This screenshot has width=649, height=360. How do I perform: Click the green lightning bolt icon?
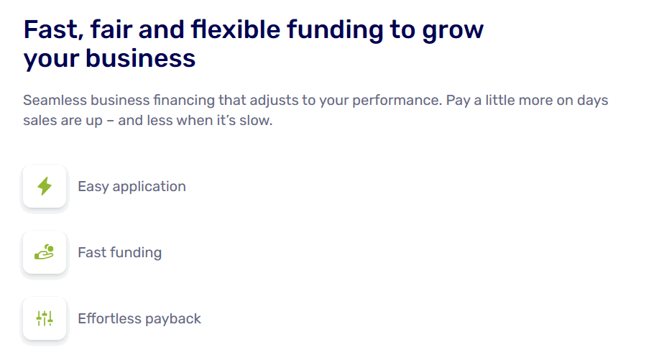click(45, 186)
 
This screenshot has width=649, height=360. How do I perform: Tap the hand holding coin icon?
click(45, 252)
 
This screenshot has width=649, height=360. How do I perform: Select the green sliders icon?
click(45, 318)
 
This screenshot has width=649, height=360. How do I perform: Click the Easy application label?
click(132, 187)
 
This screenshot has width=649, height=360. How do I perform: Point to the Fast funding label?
click(119, 252)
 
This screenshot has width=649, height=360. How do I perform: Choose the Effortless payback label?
click(139, 318)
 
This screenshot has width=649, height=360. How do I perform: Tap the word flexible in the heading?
click(236, 29)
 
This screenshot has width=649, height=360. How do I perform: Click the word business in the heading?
click(140, 58)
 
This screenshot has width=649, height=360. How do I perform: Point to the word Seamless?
click(55, 100)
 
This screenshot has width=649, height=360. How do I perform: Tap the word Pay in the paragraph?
click(458, 101)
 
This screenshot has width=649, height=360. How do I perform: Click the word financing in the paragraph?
click(184, 101)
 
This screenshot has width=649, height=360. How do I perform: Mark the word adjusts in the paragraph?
click(274, 101)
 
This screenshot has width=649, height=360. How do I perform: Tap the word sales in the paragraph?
click(40, 121)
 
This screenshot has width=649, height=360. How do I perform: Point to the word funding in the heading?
click(335, 31)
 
